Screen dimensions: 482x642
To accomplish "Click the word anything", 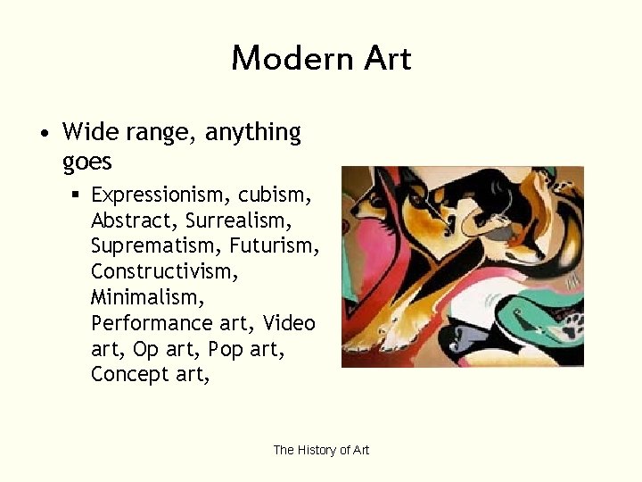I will point(253,134).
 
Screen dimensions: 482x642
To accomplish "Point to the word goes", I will point(87,162).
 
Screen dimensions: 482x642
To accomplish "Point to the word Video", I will point(289,321).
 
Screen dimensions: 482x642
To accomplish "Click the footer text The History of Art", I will point(321,450).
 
